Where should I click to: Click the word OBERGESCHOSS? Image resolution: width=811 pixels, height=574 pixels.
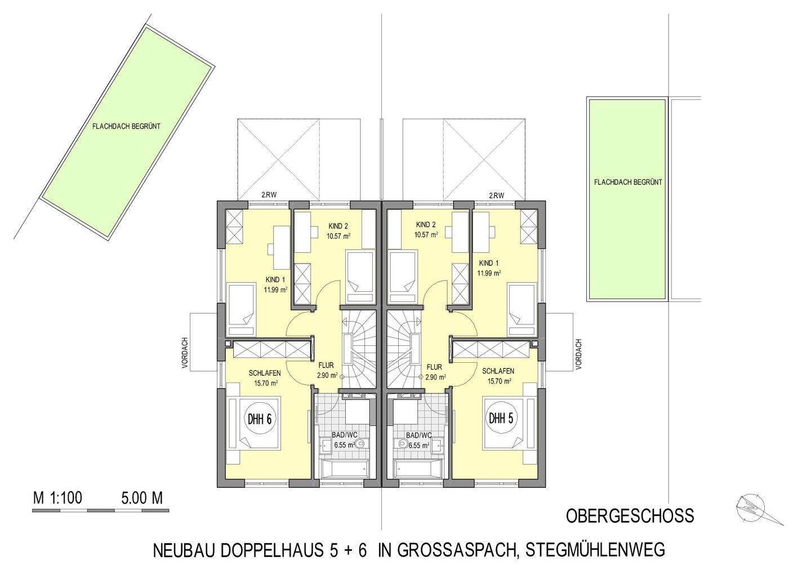click(630, 515)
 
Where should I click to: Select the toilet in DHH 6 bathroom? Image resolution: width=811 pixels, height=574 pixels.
click(360, 444)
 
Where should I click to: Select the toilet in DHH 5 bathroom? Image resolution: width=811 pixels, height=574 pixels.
click(402, 444)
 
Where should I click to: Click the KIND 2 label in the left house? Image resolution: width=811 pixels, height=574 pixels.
click(338, 226)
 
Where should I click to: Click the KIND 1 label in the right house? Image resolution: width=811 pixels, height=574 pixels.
click(489, 263)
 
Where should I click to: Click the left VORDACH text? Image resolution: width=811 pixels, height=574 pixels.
click(184, 354)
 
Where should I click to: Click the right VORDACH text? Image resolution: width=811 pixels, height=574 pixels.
click(579, 354)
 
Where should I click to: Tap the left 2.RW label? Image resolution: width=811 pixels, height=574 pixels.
click(268, 196)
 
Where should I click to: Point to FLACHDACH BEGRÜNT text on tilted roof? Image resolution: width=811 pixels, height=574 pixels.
click(126, 127)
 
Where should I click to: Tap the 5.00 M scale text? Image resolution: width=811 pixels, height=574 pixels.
click(141, 498)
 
